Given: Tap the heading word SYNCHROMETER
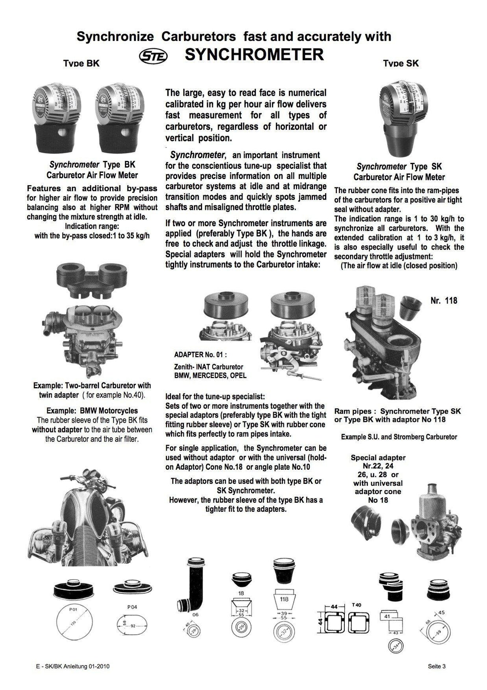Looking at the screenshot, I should [254, 55].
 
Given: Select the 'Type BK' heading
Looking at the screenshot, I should [82, 63].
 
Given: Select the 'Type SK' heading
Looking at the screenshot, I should [401, 63].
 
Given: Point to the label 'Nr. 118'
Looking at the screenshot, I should [444, 300].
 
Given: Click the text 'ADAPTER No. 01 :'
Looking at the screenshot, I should [201, 354].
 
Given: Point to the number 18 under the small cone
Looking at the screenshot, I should [241, 593].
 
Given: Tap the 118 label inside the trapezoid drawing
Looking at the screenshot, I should [284, 599].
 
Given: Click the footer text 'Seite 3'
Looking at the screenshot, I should [437, 667].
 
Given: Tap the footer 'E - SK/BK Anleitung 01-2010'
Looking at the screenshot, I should [72, 667].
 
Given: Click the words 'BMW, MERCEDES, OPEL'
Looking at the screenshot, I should [210, 375].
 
